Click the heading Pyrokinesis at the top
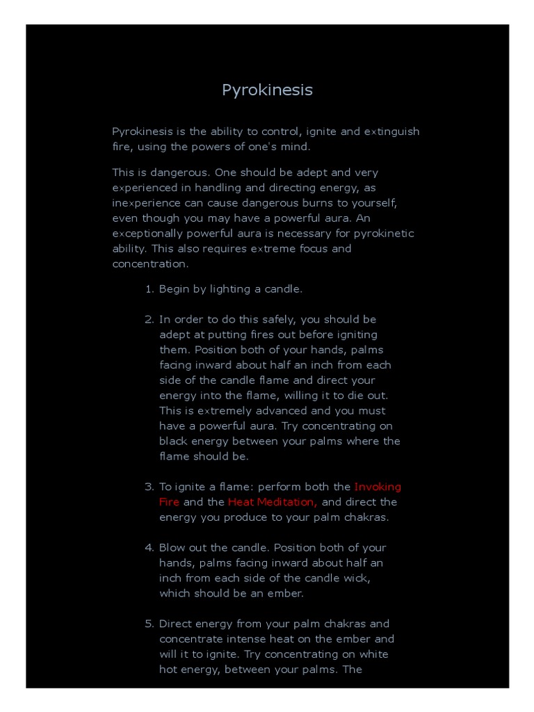tap(267, 90)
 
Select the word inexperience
tap(145, 202)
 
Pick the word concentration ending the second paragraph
tap(149, 264)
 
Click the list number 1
tap(148, 289)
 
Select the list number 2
tap(148, 319)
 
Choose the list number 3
tap(148, 487)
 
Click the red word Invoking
tap(378, 487)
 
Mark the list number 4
tap(148, 548)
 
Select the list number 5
tap(148, 624)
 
